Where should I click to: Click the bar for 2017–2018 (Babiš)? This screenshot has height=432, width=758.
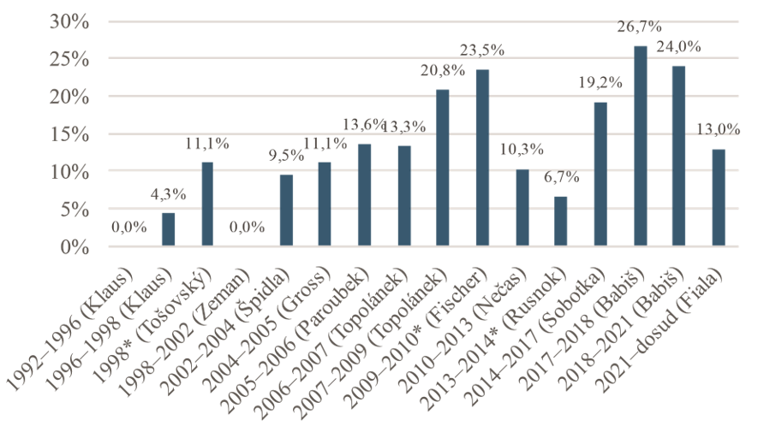[640, 146]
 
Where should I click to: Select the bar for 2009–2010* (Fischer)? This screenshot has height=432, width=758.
[482, 158]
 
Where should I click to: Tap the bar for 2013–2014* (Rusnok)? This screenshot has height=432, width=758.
[561, 222]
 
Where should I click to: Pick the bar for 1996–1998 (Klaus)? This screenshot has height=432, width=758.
[169, 230]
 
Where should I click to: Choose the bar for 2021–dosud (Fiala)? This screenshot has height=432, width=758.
[718, 198]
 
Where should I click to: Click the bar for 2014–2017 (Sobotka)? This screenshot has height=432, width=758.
[600, 175]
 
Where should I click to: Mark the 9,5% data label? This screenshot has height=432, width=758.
[286, 157]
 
